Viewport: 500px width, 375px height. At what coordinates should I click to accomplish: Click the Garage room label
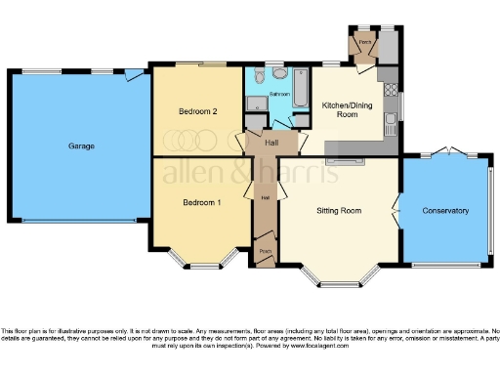81,146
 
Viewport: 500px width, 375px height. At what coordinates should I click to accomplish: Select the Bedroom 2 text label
197,111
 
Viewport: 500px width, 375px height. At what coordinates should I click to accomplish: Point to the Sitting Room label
339,210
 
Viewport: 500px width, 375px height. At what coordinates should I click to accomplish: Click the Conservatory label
445,211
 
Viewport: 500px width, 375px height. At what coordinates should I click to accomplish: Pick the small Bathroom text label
280,95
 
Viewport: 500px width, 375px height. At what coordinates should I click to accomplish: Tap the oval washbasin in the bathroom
279,73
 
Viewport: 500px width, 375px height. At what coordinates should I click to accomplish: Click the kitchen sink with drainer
391,122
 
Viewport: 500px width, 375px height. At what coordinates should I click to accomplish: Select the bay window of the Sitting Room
338,281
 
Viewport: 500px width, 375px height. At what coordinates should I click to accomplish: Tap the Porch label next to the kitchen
364,43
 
